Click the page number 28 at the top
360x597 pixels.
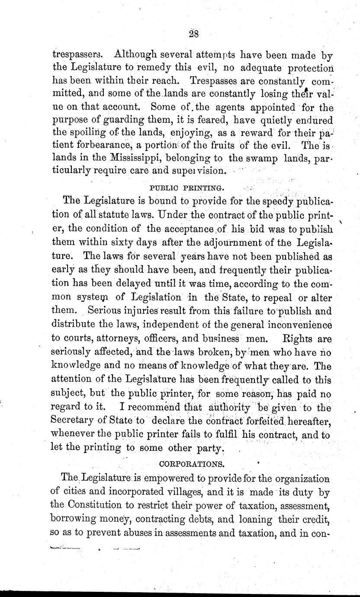click(x=193, y=35)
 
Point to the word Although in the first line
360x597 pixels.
click(x=134, y=55)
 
